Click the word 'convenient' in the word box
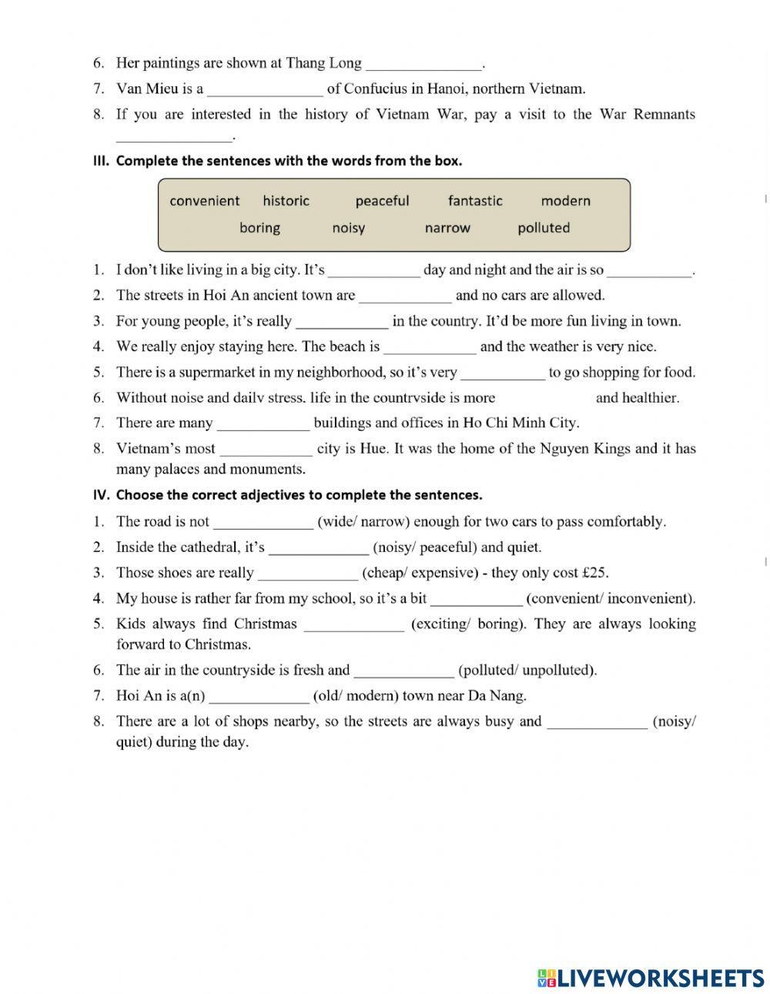pyautogui.click(x=204, y=201)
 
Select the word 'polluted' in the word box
pyautogui.click(x=544, y=228)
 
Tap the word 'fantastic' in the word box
pyautogui.click(x=475, y=201)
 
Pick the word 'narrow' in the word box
pyautogui.click(x=447, y=228)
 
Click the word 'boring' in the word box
pyautogui.click(x=259, y=228)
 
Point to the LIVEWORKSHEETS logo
pyautogui.click(x=651, y=978)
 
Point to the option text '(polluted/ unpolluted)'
pyautogui.click(x=527, y=670)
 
